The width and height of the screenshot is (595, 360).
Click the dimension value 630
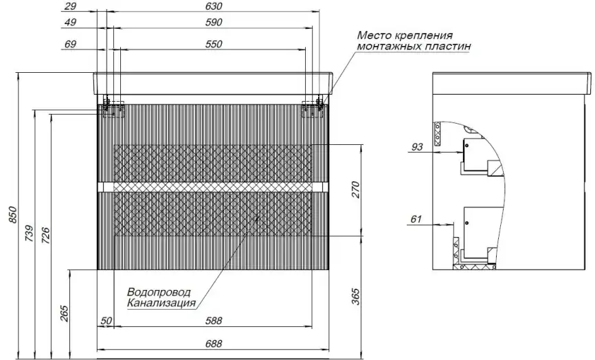click(x=214, y=6)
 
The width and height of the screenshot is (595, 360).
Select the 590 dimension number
click(x=214, y=23)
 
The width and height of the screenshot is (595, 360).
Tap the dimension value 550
click(x=214, y=44)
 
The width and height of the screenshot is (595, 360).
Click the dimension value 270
click(x=356, y=190)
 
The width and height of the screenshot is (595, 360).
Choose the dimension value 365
click(x=356, y=297)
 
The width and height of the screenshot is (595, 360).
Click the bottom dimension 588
click(x=214, y=319)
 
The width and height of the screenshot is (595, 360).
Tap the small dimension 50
click(x=106, y=319)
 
